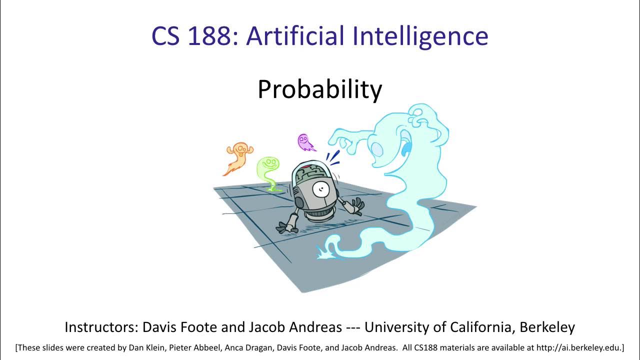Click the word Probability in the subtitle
tap(319, 90)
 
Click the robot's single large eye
tap(320, 190)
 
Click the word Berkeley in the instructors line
tap(547, 327)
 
